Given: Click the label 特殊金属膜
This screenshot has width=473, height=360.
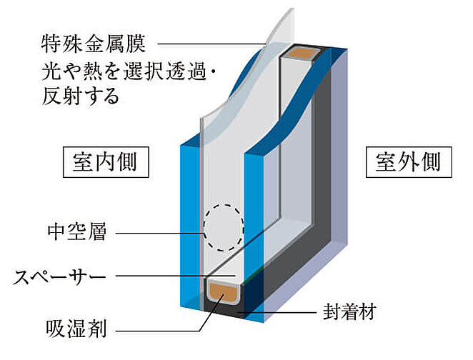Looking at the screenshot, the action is pos(93,44).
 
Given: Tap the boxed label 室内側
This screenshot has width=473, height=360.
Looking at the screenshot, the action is pos(106,162).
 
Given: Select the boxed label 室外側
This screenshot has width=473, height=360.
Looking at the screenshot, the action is pos(409,162).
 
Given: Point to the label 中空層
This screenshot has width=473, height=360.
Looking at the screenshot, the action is pos(77,232).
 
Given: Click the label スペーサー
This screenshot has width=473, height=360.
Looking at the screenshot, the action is pos(59,276).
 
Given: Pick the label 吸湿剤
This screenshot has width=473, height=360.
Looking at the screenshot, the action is pos(76,329).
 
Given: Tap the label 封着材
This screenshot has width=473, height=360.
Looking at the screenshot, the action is pos(349,311).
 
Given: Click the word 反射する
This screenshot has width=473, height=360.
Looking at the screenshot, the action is pos(81,96).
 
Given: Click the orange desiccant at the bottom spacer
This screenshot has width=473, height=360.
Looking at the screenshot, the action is pos(223,291).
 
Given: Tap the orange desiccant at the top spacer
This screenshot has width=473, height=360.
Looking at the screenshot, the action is pos(302,55).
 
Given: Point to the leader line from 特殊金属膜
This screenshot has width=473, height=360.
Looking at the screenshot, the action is pos(212,44).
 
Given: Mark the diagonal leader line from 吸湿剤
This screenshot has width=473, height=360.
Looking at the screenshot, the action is pos(211,312).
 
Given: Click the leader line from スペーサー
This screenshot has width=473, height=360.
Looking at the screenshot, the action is pos(176,276).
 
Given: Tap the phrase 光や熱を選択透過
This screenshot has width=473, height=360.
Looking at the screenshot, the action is pos(124,71).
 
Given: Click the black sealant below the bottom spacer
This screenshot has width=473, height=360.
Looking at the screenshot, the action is pos(223,308).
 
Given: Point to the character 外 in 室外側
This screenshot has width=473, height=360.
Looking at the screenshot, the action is pos(409,162).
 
